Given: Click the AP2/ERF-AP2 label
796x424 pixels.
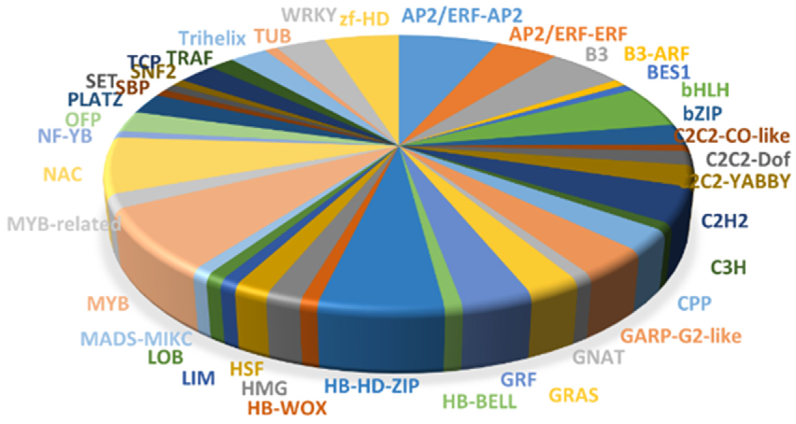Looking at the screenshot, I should (x=462, y=15).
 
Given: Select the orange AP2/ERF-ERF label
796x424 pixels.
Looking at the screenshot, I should (x=568, y=34).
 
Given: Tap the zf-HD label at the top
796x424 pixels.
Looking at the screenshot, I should (x=364, y=20).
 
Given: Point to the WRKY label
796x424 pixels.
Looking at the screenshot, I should (x=308, y=15).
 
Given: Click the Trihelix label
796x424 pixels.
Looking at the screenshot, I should (x=213, y=38).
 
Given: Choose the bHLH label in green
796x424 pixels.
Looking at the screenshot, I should (x=705, y=90).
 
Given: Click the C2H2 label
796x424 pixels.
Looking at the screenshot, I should (x=725, y=221).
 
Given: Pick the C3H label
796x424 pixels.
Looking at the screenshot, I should (x=728, y=268).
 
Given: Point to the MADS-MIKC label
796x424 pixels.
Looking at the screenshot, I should (x=136, y=339).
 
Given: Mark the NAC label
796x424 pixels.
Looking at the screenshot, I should (x=63, y=175).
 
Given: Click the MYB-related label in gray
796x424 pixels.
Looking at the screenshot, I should (x=64, y=224).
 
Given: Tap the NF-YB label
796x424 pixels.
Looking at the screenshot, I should (x=65, y=136).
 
